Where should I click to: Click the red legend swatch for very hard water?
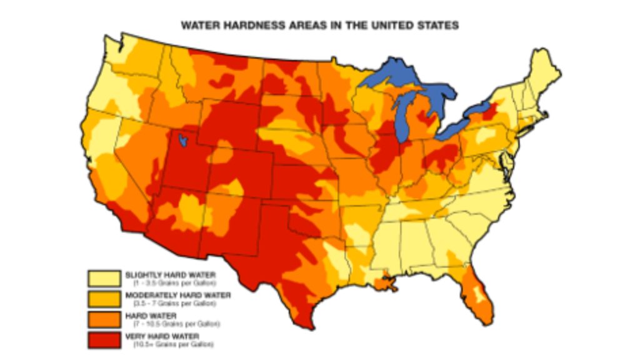pos(104,341)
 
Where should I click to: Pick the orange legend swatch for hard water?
pos(104,320)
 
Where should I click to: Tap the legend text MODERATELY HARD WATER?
pos(177,295)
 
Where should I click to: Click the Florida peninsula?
pos(478,299)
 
